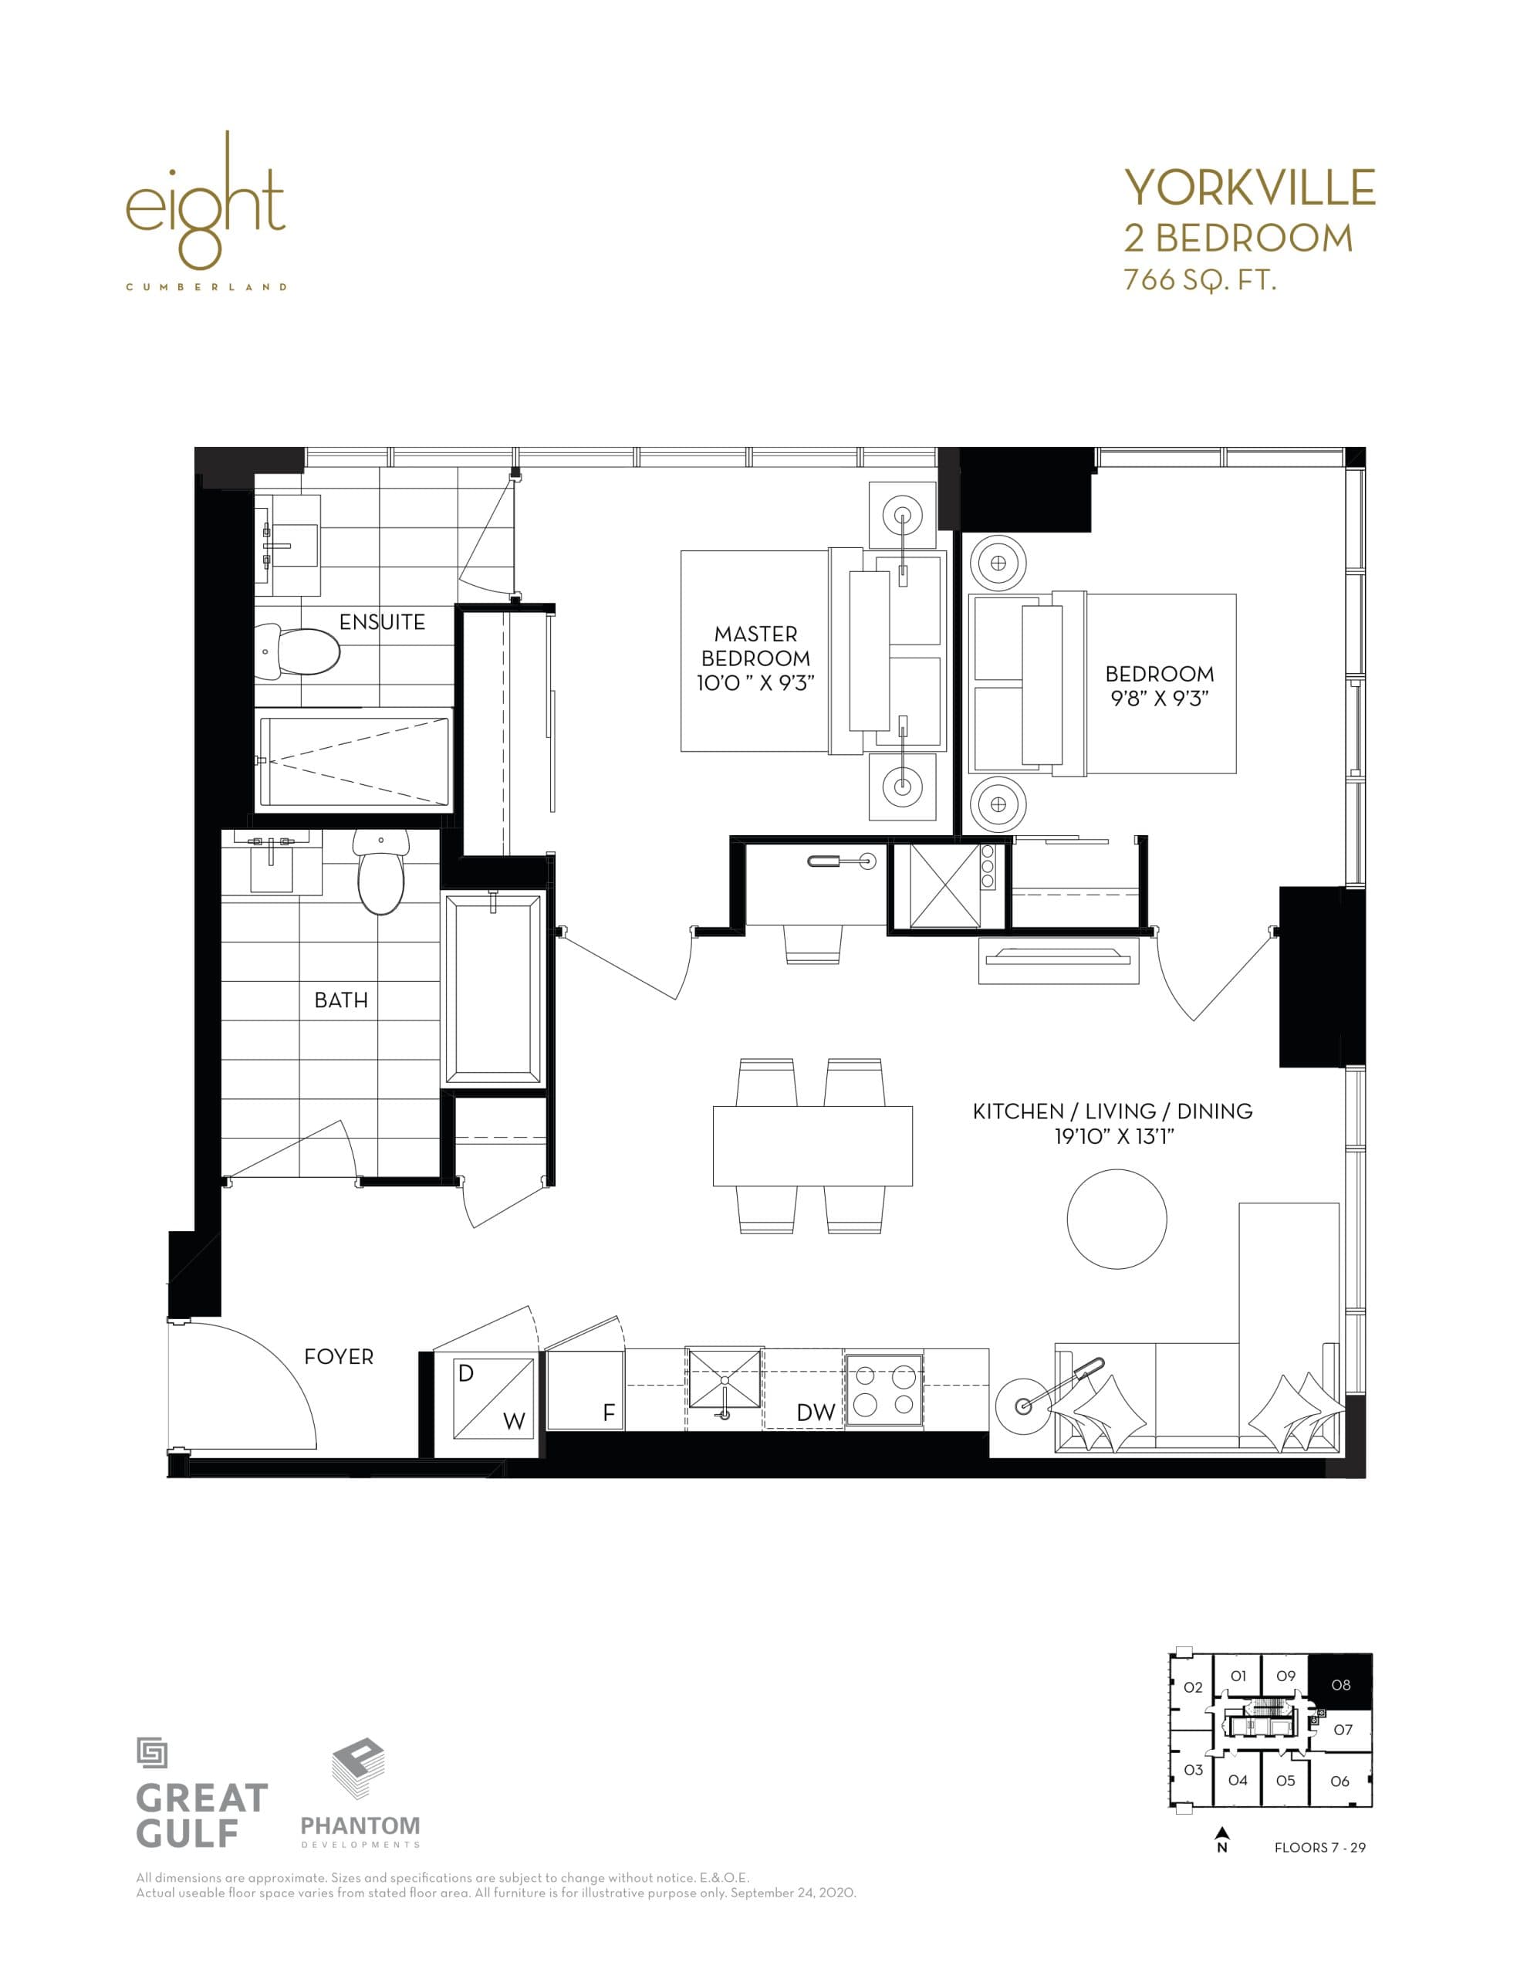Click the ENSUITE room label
click(382, 622)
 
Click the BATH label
click(341, 1000)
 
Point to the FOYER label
click(338, 1356)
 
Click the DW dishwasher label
click(815, 1413)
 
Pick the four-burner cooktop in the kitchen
click(883, 1391)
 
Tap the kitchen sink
click(724, 1380)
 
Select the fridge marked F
click(586, 1391)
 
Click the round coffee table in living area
click(1117, 1220)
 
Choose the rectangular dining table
click(812, 1145)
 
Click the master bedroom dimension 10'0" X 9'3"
click(755, 683)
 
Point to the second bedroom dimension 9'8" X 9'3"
click(1159, 699)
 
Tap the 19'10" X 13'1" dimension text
click(1113, 1137)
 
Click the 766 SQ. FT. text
click(1200, 279)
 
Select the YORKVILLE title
click(1249, 188)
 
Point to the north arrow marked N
click(1222, 1840)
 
